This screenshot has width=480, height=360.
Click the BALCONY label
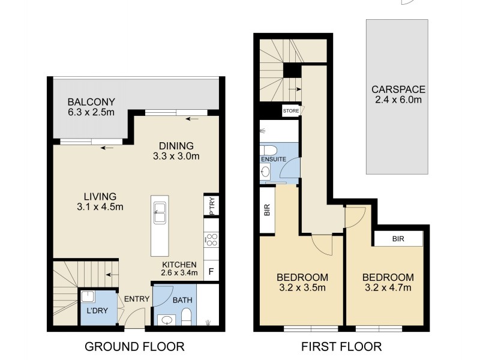tap(91, 101)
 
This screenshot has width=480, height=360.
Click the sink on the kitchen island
tap(160, 213)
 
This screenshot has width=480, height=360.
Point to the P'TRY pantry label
tap(211, 205)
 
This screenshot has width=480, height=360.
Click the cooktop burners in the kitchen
tap(211, 241)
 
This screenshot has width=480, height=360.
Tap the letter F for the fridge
tap(211, 271)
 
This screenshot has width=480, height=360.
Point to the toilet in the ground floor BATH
tap(185, 316)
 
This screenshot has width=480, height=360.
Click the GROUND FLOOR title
tap(134, 346)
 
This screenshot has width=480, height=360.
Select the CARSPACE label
tap(397, 89)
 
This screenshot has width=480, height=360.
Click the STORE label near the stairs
tap(291, 111)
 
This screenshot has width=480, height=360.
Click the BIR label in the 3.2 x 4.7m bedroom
tap(398, 238)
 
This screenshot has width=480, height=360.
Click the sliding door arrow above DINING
tap(192, 119)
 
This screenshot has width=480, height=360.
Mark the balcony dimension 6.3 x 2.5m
tap(91, 112)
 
